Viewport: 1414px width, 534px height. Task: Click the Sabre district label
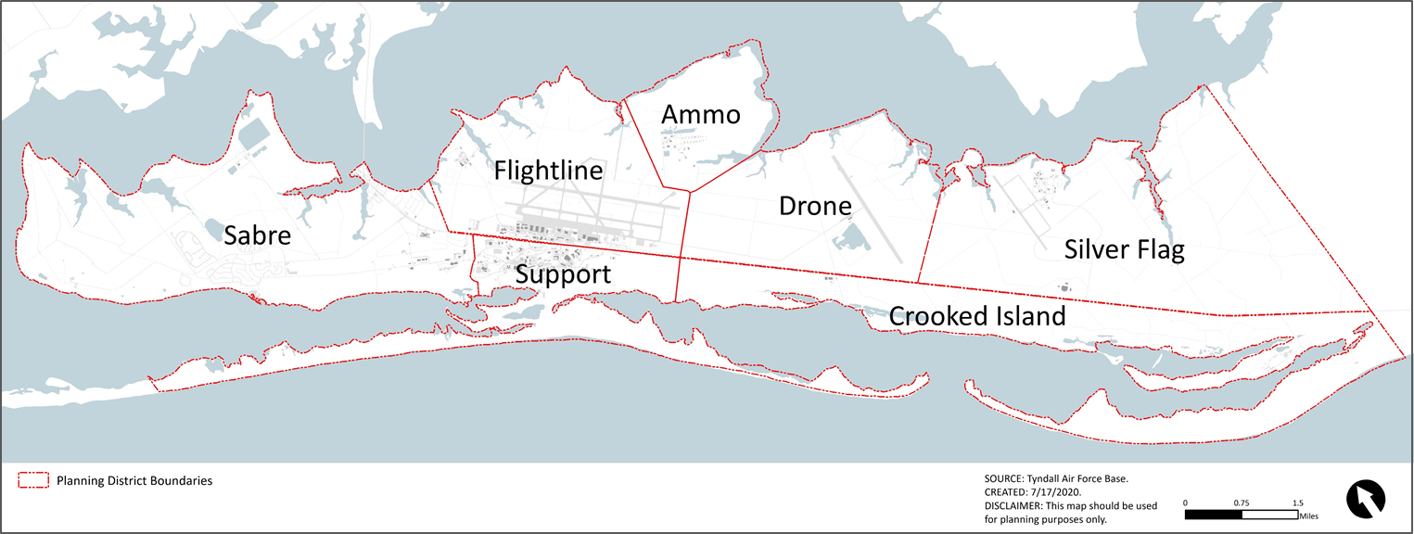(257, 236)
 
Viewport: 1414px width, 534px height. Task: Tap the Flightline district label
(548, 171)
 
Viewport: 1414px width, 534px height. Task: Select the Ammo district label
(700, 115)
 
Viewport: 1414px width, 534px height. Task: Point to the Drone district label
(815, 206)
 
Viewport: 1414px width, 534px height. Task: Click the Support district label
(563, 274)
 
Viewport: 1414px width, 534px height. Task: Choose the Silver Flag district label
(1124, 249)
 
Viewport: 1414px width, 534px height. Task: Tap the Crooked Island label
(977, 316)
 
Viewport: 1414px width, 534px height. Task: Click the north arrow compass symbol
(1365, 498)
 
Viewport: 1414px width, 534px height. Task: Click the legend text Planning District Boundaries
(134, 481)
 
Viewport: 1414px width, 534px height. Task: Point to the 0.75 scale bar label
(1242, 502)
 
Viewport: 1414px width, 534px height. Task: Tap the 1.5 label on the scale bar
(1297, 502)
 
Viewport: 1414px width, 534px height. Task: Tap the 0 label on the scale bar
(1186, 502)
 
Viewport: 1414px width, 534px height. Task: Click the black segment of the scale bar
(1214, 514)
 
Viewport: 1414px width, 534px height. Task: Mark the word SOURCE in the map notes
(1005, 478)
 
